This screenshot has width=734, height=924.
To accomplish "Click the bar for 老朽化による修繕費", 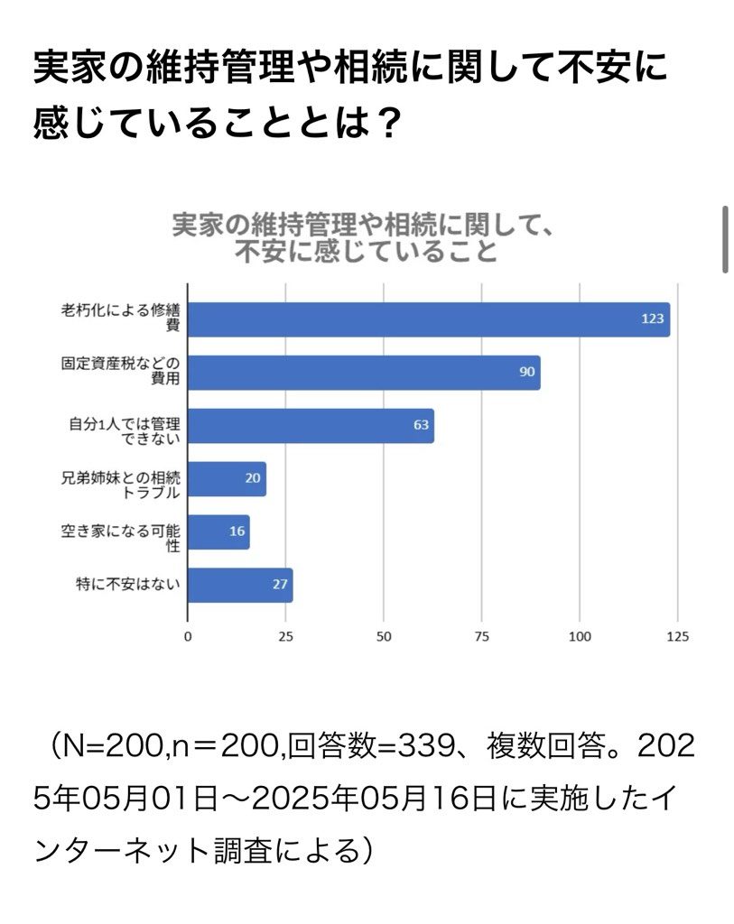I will click(x=428, y=319).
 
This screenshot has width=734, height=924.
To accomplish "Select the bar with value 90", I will click(x=363, y=373).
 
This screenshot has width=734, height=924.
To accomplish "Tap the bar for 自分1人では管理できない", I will click(x=310, y=426).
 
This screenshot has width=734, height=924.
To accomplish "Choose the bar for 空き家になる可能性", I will click(x=218, y=531).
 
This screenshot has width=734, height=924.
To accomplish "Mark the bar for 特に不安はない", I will click(x=239, y=585).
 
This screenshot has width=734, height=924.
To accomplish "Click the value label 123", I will click(x=653, y=319).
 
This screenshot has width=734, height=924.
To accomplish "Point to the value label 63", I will click(x=421, y=426).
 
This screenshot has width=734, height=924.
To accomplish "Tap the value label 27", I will click(x=280, y=585).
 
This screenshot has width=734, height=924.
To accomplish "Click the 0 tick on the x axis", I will click(x=188, y=636).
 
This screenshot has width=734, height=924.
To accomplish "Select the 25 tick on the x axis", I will click(x=285, y=636).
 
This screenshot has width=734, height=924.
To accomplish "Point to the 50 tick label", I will click(x=384, y=636).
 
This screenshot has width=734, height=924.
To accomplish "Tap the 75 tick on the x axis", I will click(x=481, y=636).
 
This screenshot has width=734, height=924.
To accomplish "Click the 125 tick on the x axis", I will click(x=677, y=636).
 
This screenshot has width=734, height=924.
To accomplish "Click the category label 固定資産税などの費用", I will click(x=121, y=373).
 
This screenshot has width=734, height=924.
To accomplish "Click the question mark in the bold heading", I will click(x=386, y=122).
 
